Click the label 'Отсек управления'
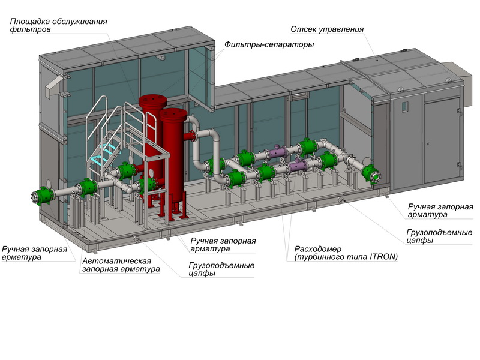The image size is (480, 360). click(x=327, y=29)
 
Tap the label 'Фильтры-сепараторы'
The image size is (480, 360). click(x=269, y=44)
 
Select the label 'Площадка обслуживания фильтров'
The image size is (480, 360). click(x=59, y=25)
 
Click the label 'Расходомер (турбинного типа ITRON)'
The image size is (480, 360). click(x=346, y=253)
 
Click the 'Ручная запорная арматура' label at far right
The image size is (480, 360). click(x=440, y=211)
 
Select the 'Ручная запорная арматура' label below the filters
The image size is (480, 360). click(x=223, y=245)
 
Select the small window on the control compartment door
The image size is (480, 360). click(x=404, y=107)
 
